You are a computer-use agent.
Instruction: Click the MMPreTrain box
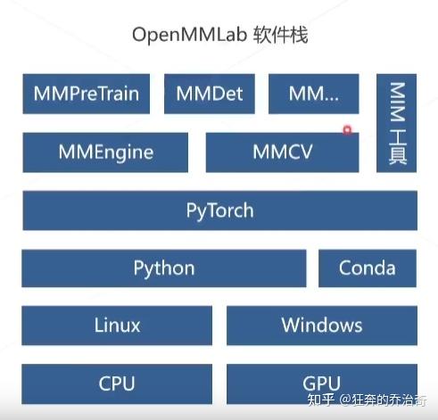87,94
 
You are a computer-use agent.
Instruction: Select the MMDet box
210,94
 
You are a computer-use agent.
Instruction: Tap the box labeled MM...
314,94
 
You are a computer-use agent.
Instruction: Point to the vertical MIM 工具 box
397,123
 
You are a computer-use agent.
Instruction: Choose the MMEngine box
105,152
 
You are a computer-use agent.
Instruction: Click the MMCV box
282,152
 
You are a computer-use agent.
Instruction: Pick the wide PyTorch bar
220,210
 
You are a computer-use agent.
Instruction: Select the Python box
164,268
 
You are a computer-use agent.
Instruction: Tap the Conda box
368,268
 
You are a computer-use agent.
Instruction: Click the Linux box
117,325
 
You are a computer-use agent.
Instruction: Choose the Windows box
322,325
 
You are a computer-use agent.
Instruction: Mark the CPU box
117,383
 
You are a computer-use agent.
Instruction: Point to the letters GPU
321,383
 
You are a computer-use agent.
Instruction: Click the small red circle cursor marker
347,130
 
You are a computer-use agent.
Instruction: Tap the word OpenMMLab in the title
189,36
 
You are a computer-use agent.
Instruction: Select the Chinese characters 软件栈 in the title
281,35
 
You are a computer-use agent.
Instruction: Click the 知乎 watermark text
320,399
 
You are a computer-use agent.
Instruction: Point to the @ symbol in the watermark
344,399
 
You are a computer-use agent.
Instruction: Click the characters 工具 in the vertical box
397,147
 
